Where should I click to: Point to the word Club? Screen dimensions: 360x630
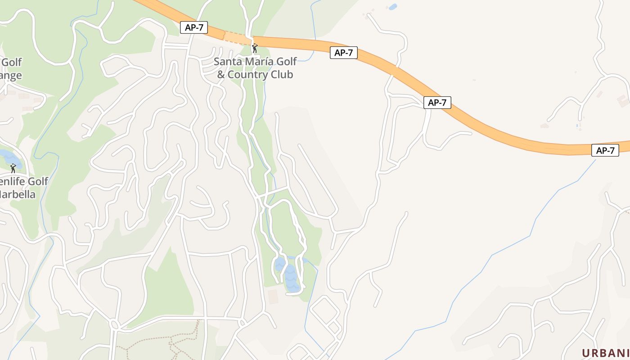(x=282, y=74)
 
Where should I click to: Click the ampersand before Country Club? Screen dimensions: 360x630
(x=221, y=75)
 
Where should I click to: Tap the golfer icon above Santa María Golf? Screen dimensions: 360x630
(x=255, y=48)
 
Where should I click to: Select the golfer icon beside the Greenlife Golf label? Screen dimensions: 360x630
(x=13, y=168)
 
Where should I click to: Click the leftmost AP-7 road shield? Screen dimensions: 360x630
(x=194, y=27)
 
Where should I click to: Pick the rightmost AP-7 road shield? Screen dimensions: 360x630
(x=605, y=150)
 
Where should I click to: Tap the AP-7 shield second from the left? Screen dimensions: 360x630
(x=343, y=53)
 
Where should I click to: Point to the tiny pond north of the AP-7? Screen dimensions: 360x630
(x=393, y=7)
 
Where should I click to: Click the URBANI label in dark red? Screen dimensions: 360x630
(x=606, y=353)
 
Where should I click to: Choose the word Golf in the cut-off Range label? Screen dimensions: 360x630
(x=12, y=62)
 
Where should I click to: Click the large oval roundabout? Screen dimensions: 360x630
(x=114, y=324)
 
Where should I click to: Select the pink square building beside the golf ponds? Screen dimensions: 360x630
(x=273, y=297)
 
